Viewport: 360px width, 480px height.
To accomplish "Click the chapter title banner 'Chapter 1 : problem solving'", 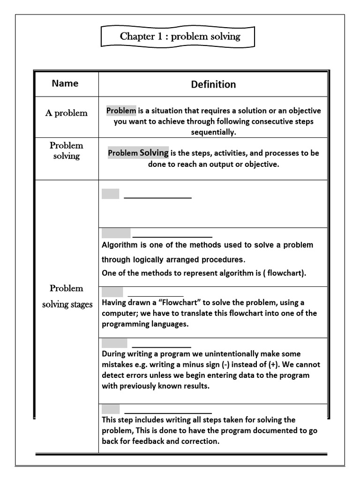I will click(180, 37).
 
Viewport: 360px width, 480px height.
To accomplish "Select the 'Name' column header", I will click(65, 83).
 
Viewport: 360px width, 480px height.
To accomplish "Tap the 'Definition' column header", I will click(213, 84).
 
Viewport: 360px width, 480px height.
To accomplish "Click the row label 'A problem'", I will click(66, 113).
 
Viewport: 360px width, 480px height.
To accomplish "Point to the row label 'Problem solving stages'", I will click(67, 296).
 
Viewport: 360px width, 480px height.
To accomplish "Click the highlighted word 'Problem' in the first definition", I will click(121, 111).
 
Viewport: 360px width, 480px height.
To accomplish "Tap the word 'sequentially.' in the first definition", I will click(213, 132).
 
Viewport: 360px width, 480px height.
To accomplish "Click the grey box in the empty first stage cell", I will click(111, 194).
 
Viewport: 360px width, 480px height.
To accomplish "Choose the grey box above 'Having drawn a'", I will click(112, 292).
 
